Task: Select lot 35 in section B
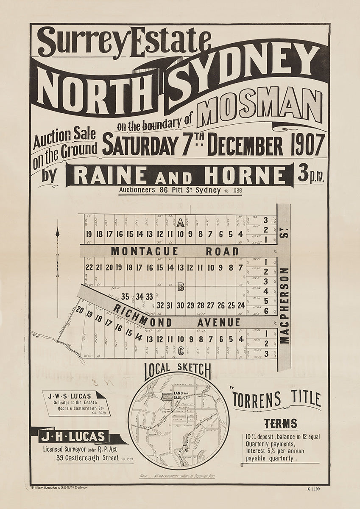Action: (x=125, y=296)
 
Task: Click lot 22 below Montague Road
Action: (x=89, y=267)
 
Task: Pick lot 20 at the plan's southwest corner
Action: (x=80, y=310)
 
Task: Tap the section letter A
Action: (x=180, y=222)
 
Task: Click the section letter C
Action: (x=181, y=350)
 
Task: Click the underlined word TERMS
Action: (x=280, y=423)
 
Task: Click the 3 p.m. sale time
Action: (x=310, y=174)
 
